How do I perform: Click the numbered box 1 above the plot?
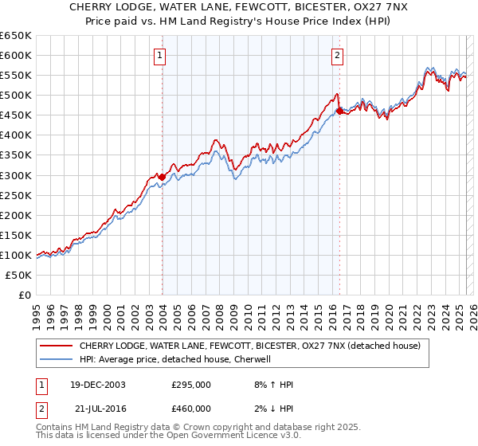(161, 55)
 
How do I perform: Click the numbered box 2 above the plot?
(338, 55)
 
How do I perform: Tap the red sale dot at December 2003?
(162, 177)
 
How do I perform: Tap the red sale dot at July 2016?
(339, 111)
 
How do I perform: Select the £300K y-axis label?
(16, 175)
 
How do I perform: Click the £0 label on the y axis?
(23, 295)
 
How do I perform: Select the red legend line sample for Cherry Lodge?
(56, 346)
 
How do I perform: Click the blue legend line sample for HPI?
(56, 359)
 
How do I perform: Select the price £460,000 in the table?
(190, 409)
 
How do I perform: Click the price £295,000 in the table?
(190, 385)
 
